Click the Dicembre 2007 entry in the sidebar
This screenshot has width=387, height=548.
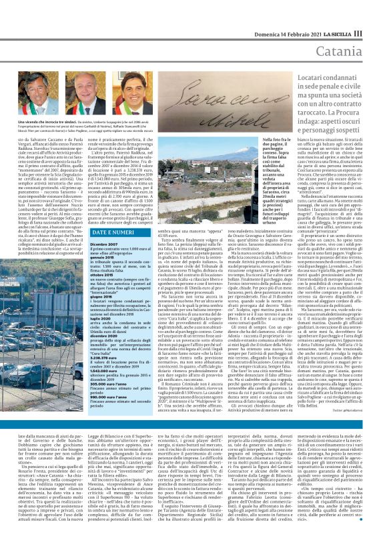click(x=104, y=244)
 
